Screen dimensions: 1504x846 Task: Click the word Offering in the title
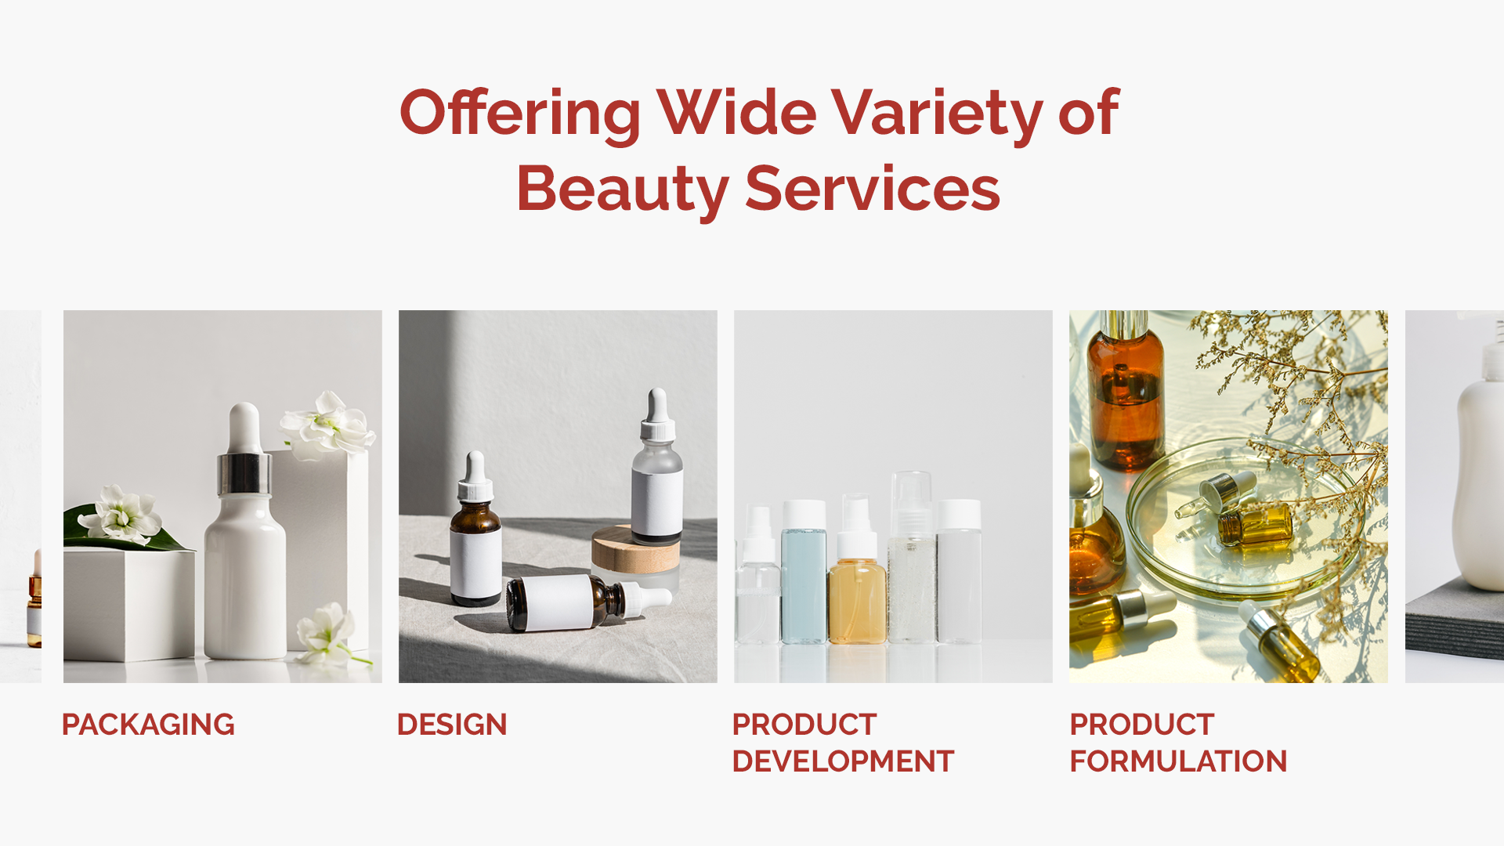click(x=520, y=114)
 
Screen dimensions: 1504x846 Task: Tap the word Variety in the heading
click(x=937, y=114)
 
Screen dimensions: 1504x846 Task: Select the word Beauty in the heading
click(x=623, y=190)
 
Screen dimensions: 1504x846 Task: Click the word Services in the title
click(x=872, y=189)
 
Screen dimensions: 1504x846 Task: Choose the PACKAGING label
click(x=148, y=725)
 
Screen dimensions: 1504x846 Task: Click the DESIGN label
click(x=452, y=725)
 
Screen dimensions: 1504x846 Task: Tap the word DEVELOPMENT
click(x=843, y=761)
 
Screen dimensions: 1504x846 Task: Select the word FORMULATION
click(x=1178, y=761)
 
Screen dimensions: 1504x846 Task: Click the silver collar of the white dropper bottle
click(x=244, y=472)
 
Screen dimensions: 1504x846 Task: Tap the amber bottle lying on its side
click(x=587, y=602)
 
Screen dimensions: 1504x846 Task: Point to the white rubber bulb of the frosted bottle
click(x=656, y=405)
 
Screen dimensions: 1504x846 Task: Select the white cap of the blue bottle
click(x=804, y=514)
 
